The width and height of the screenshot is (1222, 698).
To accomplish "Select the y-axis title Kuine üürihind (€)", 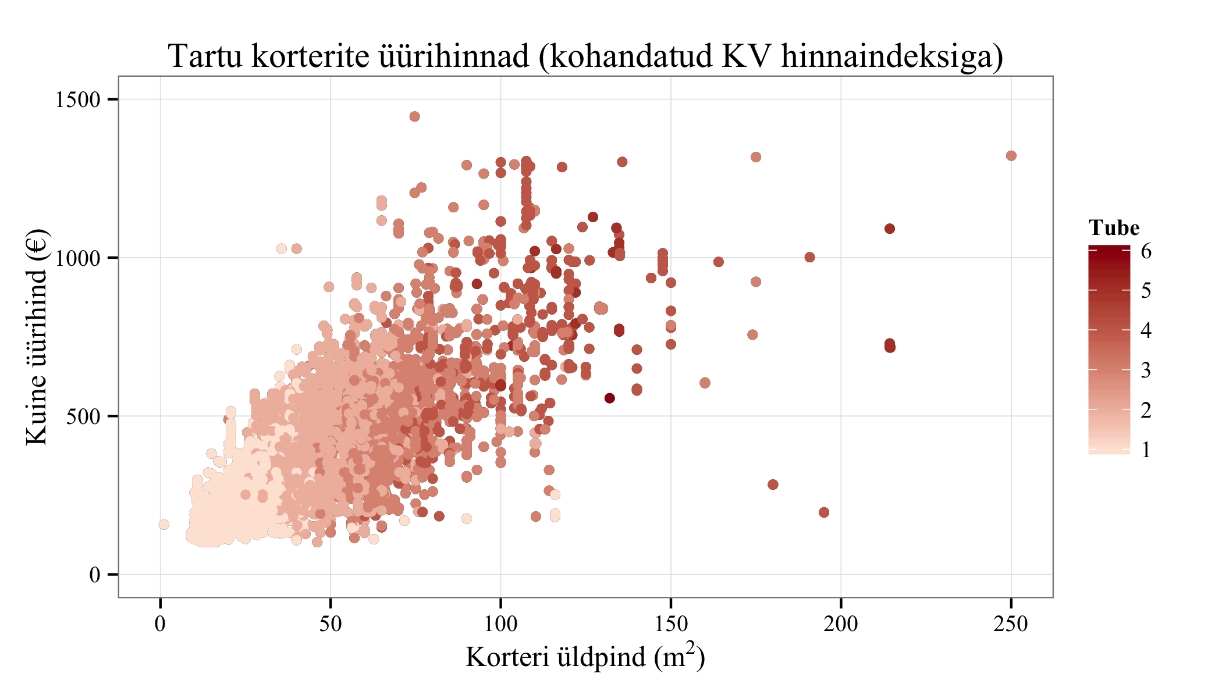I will tap(37, 337).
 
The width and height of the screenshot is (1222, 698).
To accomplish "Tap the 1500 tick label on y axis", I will tap(78, 99).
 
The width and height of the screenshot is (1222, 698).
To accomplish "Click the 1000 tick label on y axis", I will tap(78, 258).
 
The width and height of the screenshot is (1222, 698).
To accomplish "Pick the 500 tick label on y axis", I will tap(84, 416).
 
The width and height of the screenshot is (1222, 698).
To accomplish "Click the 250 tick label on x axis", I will tap(1011, 624).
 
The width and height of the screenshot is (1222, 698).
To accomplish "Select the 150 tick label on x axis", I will tap(671, 624).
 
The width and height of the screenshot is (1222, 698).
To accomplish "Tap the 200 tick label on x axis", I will tap(841, 624).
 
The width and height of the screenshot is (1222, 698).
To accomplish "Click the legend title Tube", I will tap(1114, 227).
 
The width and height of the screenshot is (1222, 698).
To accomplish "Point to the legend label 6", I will tap(1146, 251).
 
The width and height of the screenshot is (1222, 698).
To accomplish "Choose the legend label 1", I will tap(1146, 450).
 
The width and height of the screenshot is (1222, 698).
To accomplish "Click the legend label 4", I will tap(1146, 330).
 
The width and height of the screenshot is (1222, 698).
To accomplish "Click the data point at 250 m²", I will tap(1011, 156).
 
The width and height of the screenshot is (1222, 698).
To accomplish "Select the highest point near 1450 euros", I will tap(414, 116).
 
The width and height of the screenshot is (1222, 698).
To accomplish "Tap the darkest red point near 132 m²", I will tap(609, 398).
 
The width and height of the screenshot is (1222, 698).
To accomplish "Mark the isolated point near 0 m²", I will tap(164, 525).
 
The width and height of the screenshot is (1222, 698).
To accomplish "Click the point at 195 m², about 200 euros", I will tap(823, 512).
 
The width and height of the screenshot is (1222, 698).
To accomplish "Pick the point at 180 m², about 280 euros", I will tap(773, 485).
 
